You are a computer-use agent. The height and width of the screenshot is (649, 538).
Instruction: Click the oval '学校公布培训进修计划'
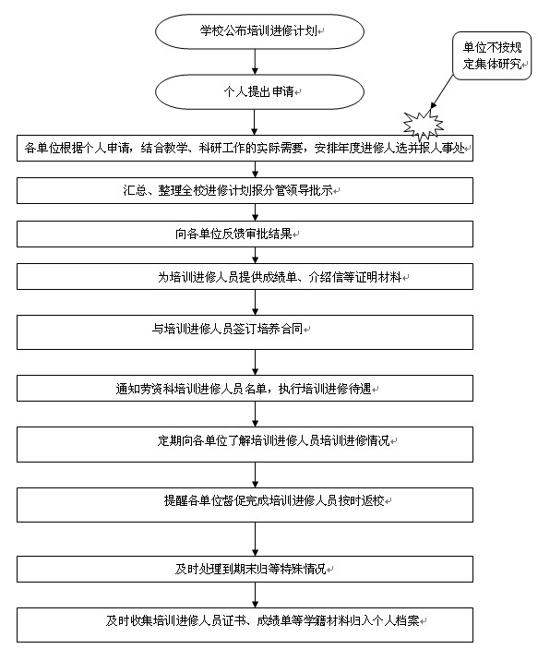[x=259, y=31]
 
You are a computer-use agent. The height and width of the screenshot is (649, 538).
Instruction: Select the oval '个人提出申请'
[x=259, y=92]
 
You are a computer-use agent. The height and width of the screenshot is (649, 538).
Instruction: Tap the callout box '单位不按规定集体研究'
[x=492, y=55]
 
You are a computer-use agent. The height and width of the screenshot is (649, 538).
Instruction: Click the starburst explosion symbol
[x=423, y=125]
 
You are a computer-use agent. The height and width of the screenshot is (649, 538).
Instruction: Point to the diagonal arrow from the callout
[x=442, y=92]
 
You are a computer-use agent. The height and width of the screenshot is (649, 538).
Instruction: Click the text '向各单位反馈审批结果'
[x=233, y=234]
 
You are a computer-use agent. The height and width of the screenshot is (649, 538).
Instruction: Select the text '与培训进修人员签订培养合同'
[x=227, y=329]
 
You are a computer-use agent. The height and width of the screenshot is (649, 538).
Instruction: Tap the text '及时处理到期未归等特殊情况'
[x=250, y=569]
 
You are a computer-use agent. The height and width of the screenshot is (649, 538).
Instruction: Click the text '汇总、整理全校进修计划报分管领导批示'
[x=228, y=190]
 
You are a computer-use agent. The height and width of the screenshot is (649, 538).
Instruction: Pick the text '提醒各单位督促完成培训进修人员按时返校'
[x=274, y=500]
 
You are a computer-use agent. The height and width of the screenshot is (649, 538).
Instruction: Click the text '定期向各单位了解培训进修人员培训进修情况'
[x=273, y=440]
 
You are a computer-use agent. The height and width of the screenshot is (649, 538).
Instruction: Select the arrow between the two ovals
[x=255, y=62]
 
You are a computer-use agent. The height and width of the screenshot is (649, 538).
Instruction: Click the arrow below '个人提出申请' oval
[x=255, y=122]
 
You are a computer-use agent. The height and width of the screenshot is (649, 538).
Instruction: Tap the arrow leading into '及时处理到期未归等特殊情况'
[x=255, y=539]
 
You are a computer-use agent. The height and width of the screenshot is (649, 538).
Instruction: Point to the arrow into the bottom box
[x=255, y=595]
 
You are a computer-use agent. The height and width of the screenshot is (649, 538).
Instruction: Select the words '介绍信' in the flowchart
[x=326, y=277]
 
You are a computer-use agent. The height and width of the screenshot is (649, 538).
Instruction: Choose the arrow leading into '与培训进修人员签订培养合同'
[x=255, y=302]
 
